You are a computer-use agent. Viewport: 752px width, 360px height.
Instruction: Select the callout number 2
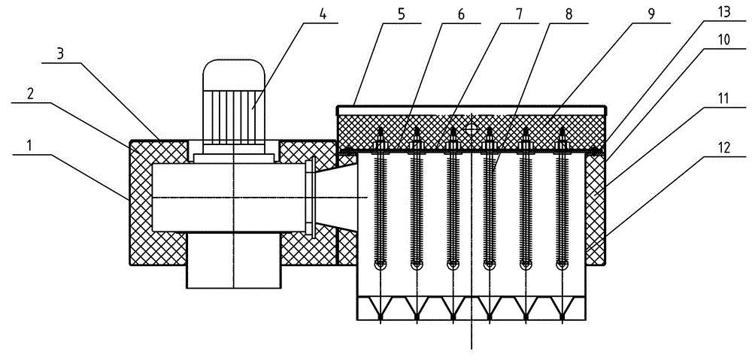29,94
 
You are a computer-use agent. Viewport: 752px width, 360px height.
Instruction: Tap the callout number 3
60,53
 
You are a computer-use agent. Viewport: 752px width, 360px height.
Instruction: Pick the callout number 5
402,14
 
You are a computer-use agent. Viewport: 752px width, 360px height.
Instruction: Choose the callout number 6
461,14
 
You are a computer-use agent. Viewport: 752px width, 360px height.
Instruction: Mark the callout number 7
521,14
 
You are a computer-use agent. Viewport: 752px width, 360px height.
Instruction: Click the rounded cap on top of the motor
234,74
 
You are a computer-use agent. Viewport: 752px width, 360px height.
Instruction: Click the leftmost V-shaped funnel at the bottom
381,308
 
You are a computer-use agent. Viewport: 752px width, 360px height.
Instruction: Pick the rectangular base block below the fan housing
234,260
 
